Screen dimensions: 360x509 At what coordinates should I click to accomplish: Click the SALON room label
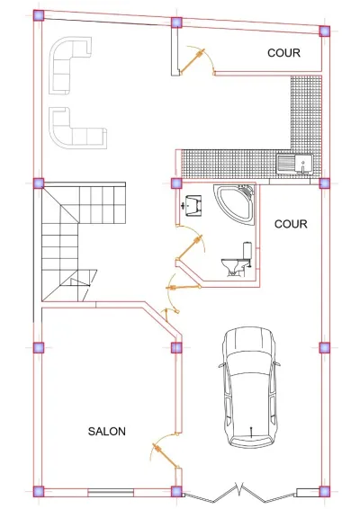(x=106, y=431)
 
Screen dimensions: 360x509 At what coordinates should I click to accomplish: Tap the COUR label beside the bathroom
(x=291, y=224)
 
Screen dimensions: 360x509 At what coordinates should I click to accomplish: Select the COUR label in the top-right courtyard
(x=283, y=52)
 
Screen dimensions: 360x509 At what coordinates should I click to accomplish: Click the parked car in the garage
(x=249, y=388)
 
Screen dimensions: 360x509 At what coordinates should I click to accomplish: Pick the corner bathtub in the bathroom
(x=235, y=204)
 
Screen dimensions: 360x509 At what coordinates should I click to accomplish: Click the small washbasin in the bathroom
(x=193, y=205)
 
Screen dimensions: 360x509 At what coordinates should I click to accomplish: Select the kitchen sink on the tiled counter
(x=294, y=164)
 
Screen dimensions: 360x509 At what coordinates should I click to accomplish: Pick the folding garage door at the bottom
(x=239, y=494)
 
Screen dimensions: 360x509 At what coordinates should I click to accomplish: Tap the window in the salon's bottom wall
(x=111, y=492)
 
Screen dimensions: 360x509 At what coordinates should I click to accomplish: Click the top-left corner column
(x=39, y=15)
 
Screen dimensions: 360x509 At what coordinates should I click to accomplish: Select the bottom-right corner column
(x=325, y=492)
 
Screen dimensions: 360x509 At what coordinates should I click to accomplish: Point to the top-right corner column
(x=325, y=31)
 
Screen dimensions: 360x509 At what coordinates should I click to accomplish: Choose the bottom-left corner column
(x=39, y=492)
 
